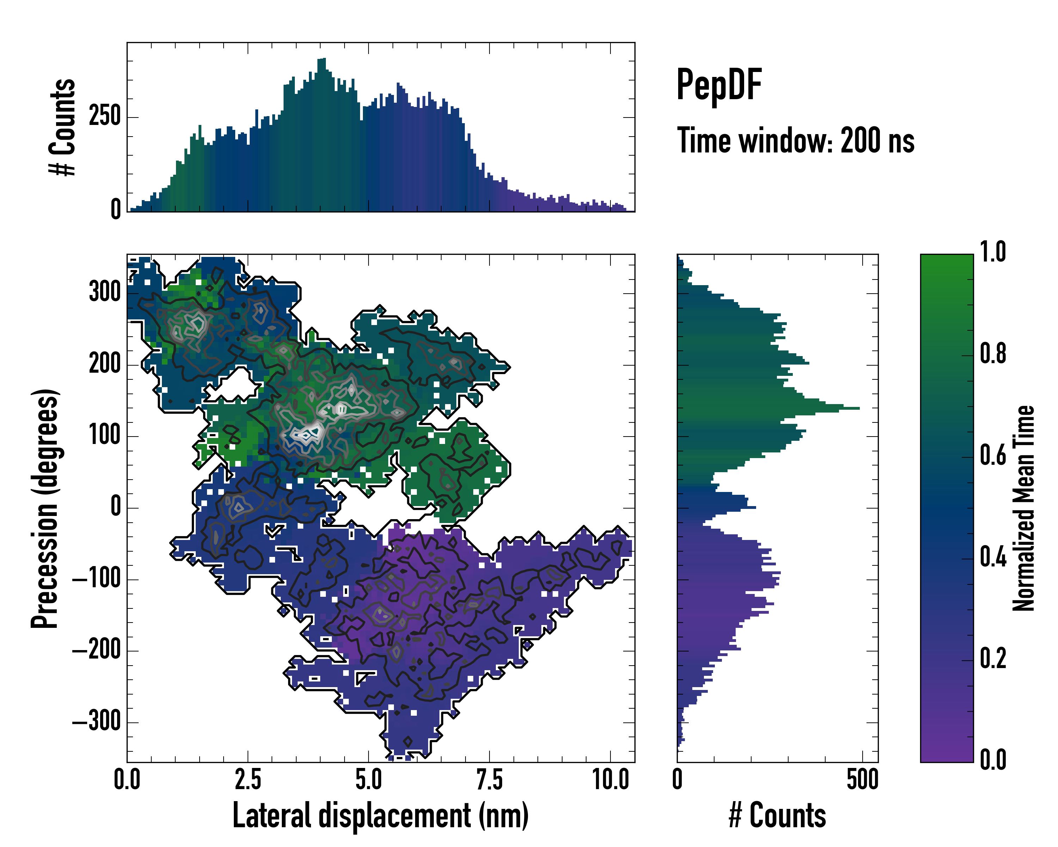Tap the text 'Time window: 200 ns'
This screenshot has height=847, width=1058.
click(796, 141)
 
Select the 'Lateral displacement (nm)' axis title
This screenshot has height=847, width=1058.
click(380, 816)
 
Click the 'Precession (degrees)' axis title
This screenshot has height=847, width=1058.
click(45, 508)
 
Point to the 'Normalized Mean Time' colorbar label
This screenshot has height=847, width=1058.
click(1024, 508)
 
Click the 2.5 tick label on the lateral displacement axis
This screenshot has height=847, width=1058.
click(248, 779)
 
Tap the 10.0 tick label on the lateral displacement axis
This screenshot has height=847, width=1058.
click(610, 779)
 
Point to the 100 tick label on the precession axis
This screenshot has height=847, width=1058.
click(105, 435)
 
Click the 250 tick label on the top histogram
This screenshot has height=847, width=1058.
click(105, 117)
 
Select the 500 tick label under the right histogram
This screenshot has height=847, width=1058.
click(862, 779)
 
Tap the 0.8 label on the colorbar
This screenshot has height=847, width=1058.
click(993, 354)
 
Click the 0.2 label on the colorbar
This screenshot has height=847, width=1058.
click(993, 659)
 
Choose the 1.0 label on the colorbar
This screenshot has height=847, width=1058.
click(993, 252)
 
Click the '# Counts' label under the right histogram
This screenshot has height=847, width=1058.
click(777, 816)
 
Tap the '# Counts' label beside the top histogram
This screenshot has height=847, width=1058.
click(63, 127)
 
